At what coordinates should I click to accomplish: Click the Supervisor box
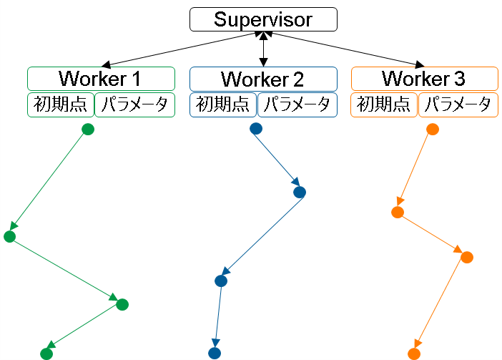[x=263, y=19]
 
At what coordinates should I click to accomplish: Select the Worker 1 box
[x=101, y=78]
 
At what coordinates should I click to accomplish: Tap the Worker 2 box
[x=263, y=79]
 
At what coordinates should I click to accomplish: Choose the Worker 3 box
[x=425, y=78]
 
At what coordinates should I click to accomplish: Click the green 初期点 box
[x=61, y=104]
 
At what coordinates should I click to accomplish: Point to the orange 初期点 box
[x=384, y=104]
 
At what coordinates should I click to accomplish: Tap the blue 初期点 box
[x=223, y=104]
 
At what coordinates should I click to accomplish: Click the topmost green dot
[x=88, y=130]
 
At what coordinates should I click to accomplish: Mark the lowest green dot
[x=46, y=354]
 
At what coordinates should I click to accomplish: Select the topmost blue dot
[x=256, y=129]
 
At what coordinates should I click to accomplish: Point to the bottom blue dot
[x=215, y=353]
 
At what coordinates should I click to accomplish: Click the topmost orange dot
[x=432, y=130]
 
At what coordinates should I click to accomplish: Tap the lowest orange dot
[x=413, y=354]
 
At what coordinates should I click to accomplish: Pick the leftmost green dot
[x=9, y=237]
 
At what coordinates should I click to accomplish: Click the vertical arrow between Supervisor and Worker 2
[x=263, y=49]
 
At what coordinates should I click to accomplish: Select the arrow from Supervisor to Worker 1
[x=179, y=49]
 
